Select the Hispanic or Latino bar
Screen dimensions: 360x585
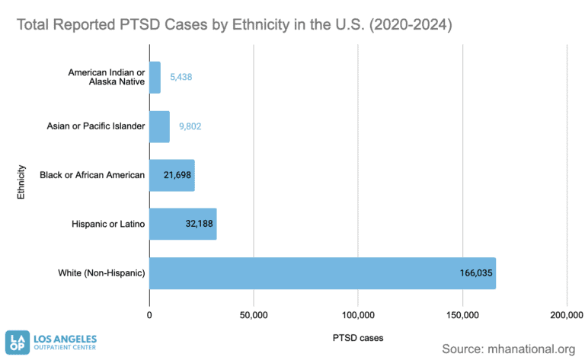(183, 225)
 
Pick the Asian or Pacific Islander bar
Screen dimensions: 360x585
(159, 126)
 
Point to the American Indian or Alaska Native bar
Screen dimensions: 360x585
(155, 78)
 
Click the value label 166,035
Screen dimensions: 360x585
(473, 273)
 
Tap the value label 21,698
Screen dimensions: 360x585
(178, 175)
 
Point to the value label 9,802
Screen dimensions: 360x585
(190, 126)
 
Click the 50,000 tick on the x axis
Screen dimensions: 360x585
(253, 314)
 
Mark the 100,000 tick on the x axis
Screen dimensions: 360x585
(357, 314)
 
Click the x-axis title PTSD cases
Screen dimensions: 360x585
(358, 336)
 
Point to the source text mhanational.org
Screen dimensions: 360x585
(508, 349)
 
